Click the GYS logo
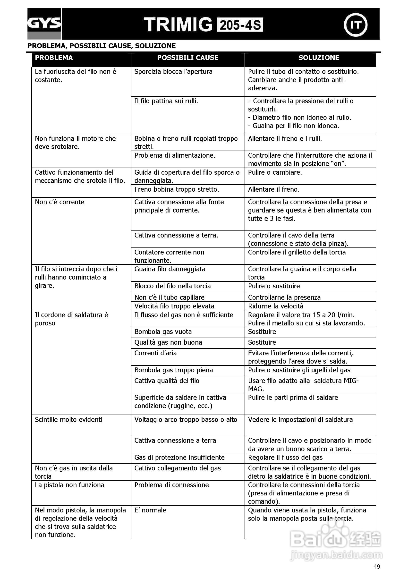(x=44, y=24)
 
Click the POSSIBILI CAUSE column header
(x=188, y=58)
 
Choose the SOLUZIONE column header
(x=319, y=58)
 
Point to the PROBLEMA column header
(x=54, y=58)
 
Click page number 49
(x=376, y=567)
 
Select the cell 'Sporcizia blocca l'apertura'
(x=173, y=72)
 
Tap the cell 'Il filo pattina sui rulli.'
(x=166, y=101)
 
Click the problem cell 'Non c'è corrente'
(x=60, y=202)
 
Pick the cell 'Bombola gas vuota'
(x=163, y=332)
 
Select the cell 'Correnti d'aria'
(x=155, y=353)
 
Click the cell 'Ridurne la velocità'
(x=276, y=306)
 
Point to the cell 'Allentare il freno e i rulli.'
(x=285, y=139)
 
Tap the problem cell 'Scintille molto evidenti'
(x=69, y=420)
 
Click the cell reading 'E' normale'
(x=150, y=510)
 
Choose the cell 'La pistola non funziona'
(x=69, y=485)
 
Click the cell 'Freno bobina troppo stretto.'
(x=177, y=190)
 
